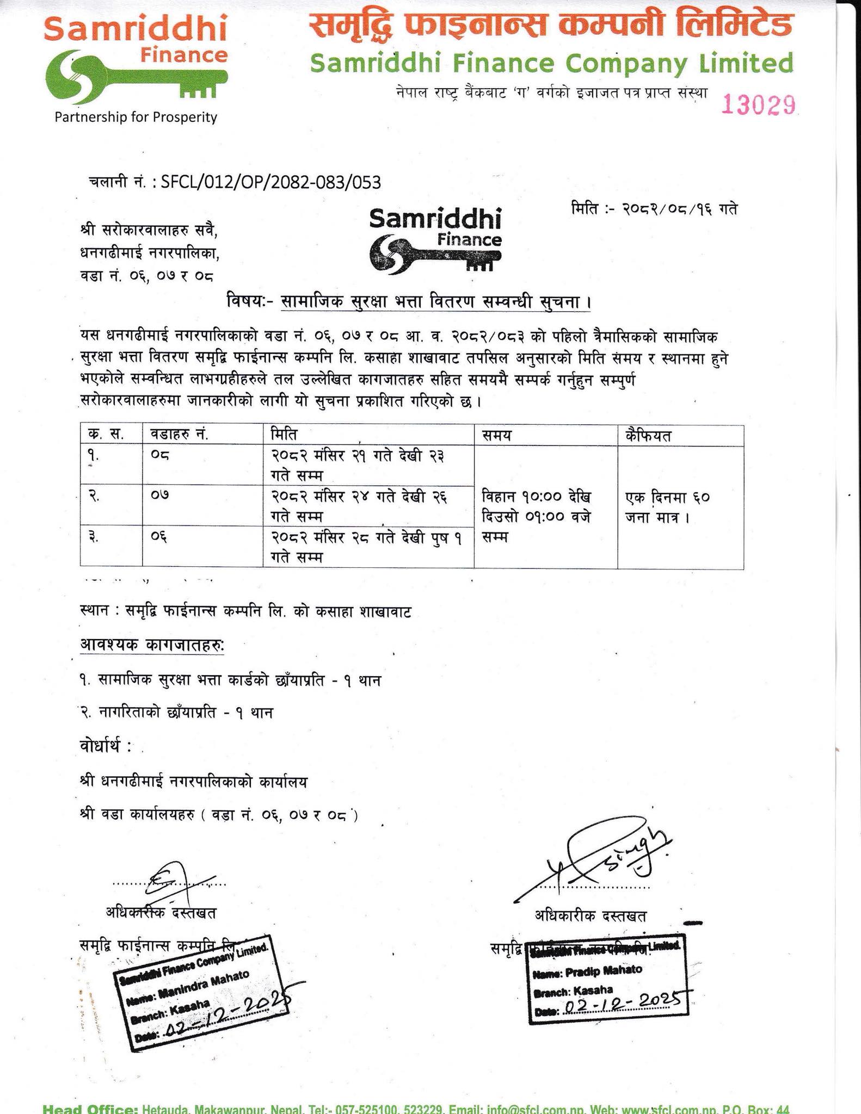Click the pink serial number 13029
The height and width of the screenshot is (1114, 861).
tap(758, 104)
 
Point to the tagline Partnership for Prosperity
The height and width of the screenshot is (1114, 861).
tap(136, 117)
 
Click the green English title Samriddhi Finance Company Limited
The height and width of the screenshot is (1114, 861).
tap(551, 64)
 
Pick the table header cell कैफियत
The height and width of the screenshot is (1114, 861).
tap(648, 435)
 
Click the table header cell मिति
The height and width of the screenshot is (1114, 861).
tap(284, 435)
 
